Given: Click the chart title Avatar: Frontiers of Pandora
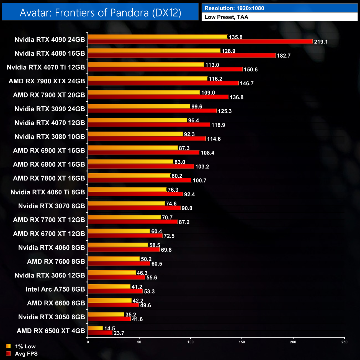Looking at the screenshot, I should (100, 12).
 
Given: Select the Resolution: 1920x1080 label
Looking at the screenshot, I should (234, 8).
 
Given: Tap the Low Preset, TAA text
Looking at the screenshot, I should (226, 17).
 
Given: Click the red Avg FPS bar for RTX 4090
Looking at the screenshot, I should (200, 42).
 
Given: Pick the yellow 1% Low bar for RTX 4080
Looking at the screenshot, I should (154, 51).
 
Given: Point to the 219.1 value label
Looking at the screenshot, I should (321, 42).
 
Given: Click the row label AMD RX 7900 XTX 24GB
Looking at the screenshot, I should (47, 81).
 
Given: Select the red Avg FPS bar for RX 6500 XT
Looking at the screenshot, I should (100, 333).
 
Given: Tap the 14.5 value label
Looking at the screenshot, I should (109, 328).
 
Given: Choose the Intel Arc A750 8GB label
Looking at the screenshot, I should (55, 289).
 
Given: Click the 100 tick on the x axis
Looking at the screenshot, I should (191, 342).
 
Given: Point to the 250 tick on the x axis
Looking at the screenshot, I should (344, 342).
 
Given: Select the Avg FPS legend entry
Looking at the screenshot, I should (22, 354).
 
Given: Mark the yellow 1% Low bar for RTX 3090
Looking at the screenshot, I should (139, 106).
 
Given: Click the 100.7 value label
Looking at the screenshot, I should (199, 181).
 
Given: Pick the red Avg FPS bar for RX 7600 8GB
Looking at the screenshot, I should (119, 263).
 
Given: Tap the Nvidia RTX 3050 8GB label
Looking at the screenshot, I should (52, 317).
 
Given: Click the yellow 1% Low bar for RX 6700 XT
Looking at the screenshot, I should (119, 231).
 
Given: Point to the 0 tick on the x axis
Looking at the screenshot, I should (88, 342).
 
